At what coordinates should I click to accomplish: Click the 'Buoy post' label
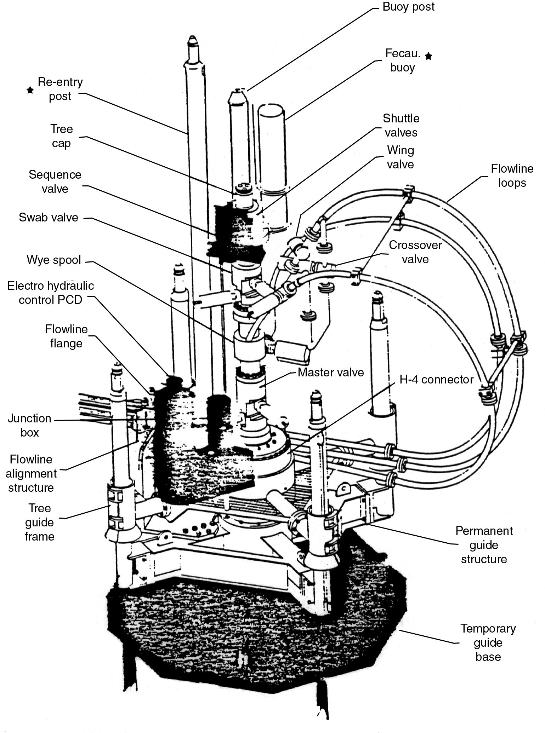coord(408,7)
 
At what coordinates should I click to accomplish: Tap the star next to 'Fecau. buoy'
coord(428,56)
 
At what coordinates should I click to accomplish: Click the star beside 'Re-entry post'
coord(30,90)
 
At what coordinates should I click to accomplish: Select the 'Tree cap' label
coord(61,136)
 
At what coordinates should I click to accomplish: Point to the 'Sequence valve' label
coord(55,181)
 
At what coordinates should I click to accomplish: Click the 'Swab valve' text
coord(49,217)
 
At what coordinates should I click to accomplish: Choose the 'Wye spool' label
coord(54,260)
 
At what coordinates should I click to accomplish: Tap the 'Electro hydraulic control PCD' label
coord(51,293)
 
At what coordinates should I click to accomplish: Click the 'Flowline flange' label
coord(66,336)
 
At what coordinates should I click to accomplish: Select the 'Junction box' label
coord(30,425)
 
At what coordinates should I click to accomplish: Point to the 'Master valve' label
coord(331,372)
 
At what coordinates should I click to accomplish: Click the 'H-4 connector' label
coord(436,379)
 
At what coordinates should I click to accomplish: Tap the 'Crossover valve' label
coord(415,252)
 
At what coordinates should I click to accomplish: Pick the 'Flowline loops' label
coord(512,175)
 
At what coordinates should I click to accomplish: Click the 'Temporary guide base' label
coord(488,642)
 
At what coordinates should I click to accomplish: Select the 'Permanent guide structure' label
coord(484,545)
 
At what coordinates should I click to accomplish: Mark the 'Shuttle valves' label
coord(401,125)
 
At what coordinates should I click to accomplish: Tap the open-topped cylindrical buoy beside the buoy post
coord(272,149)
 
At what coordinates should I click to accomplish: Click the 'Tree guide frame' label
coord(39,522)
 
